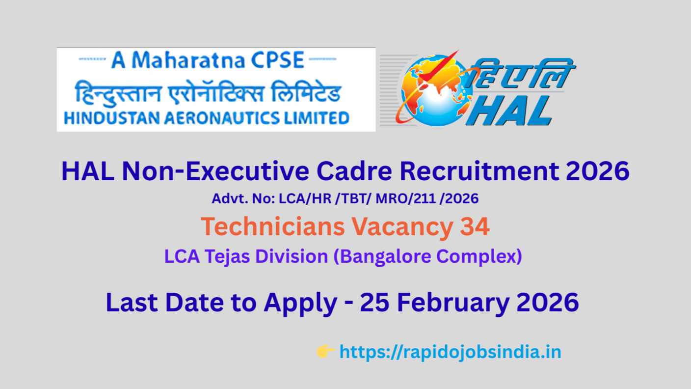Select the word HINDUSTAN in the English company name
point(112,118)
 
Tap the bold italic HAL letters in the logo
point(509,111)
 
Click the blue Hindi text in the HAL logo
point(521,74)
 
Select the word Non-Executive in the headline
point(215,171)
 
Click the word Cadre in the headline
point(354,171)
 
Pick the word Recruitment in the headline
point(479,171)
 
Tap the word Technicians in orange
point(273,226)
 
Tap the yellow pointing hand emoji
point(325,351)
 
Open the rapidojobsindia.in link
point(451,352)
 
